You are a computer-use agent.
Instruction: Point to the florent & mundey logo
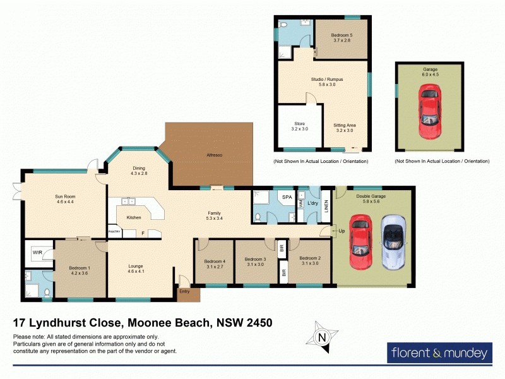439,352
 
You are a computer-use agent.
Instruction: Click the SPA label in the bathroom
287,198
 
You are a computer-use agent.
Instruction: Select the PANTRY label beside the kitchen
114,232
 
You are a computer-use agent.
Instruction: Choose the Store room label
300,124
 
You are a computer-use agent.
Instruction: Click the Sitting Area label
345,125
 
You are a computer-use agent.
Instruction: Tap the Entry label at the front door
184,291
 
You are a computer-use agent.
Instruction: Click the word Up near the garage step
342,231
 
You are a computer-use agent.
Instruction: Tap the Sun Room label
65,196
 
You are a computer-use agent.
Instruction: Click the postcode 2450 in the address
259,323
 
